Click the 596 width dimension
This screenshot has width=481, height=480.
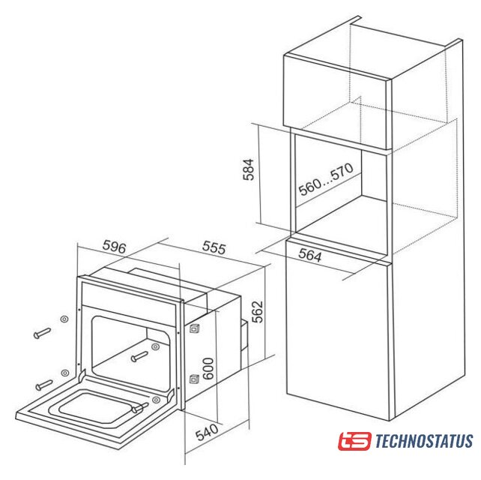pyautogui.click(x=114, y=247)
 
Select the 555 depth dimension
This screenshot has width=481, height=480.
pyautogui.click(x=214, y=247)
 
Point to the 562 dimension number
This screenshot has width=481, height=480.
pyautogui.click(x=258, y=312)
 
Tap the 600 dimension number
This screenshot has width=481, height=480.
pyautogui.click(x=208, y=368)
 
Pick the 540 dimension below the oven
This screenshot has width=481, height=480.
pyautogui.click(x=207, y=432)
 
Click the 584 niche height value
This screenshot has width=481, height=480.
pyautogui.click(x=249, y=169)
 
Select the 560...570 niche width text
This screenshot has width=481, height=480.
pyautogui.click(x=326, y=179)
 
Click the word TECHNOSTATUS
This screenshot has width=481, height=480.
pyautogui.click(x=424, y=441)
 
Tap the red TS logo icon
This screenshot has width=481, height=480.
pyautogui.click(x=355, y=441)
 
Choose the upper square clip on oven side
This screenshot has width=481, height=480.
pyautogui.click(x=194, y=329)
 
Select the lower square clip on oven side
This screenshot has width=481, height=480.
pyautogui.click(x=194, y=379)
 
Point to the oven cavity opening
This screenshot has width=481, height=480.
pyautogui.click(x=131, y=353)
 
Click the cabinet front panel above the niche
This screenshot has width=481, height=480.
pyautogui.click(x=337, y=101)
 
